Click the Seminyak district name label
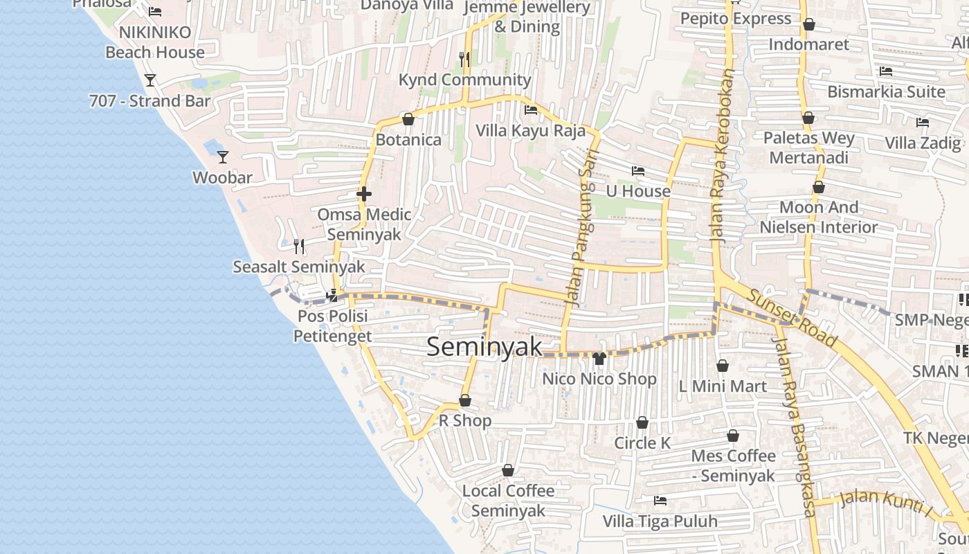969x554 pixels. point(484,346)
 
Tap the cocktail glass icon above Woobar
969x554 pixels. point(223,157)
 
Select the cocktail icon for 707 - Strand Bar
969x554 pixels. point(150,80)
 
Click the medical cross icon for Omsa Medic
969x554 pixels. point(364,194)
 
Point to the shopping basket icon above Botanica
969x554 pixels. point(408,119)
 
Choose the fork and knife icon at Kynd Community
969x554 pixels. point(464,60)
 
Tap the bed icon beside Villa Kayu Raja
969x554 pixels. point(531,110)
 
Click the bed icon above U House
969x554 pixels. point(638,171)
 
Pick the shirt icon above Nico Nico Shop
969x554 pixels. point(599,358)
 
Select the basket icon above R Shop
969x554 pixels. point(465,400)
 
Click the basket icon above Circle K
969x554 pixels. point(642,422)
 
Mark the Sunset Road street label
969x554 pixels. point(793,318)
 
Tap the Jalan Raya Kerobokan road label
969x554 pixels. point(721,154)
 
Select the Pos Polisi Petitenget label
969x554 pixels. point(333,326)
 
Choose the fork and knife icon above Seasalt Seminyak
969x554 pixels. point(299,246)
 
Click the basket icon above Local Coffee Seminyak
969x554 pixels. point(508,470)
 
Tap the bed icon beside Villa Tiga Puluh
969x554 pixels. point(660,501)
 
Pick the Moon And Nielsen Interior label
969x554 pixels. point(819,217)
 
